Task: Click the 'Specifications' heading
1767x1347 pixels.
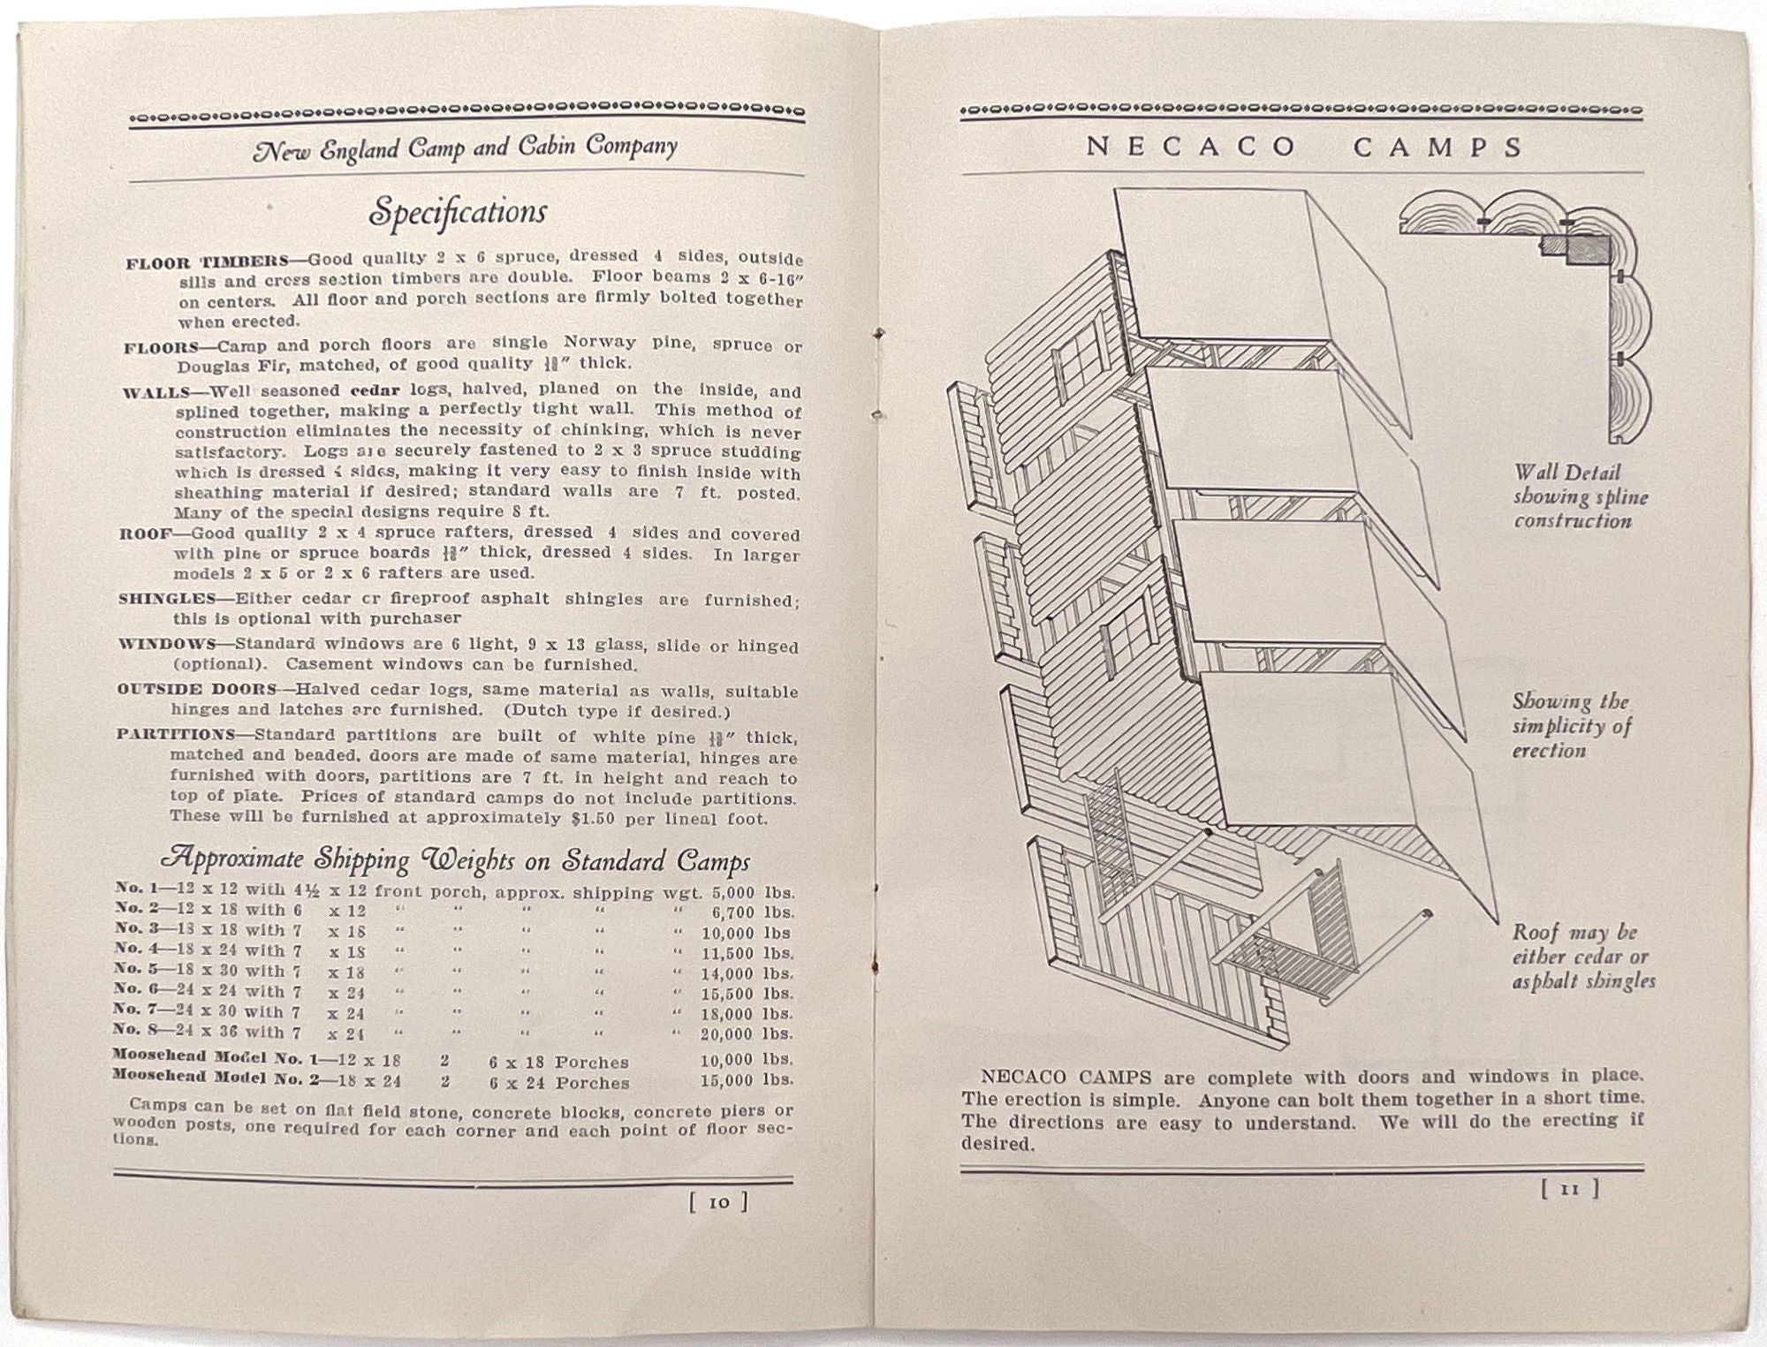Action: (458, 212)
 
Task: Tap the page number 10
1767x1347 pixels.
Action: (718, 1202)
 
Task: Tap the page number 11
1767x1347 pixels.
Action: (1569, 1190)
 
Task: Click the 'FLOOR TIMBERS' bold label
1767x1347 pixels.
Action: (208, 262)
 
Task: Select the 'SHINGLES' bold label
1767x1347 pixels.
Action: (167, 598)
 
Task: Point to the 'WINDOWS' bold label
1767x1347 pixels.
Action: (167, 643)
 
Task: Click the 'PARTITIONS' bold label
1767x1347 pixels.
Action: (175, 735)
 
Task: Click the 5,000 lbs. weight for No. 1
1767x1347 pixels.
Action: (753, 893)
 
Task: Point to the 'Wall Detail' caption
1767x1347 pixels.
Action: (1567, 473)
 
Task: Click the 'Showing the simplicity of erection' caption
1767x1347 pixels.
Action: (1571, 726)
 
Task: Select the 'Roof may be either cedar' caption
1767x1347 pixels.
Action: (1582, 957)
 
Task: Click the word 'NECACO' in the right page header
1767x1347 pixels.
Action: (1192, 147)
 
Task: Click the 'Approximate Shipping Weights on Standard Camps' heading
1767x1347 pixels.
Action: (455, 859)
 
